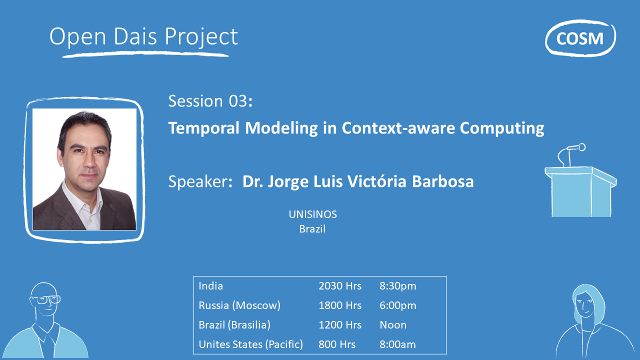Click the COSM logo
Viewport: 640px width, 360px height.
(x=580, y=38)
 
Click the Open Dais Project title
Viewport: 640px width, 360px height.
(x=143, y=37)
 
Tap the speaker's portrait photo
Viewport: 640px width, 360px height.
(x=84, y=169)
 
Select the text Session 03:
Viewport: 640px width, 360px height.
(x=210, y=101)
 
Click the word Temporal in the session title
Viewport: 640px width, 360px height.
(x=204, y=128)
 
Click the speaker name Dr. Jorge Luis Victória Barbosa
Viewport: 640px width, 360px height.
(x=357, y=181)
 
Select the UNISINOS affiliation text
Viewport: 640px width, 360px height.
(x=312, y=214)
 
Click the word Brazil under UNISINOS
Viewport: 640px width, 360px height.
(x=312, y=229)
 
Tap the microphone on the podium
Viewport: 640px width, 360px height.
(x=575, y=148)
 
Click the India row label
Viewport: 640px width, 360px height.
(x=211, y=286)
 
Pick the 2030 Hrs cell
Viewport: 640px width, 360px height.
(x=340, y=286)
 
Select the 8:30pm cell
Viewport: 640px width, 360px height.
(x=397, y=286)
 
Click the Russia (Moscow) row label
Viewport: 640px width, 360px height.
(x=239, y=305)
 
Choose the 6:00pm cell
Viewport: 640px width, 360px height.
(x=397, y=305)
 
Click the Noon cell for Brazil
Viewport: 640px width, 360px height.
(x=393, y=325)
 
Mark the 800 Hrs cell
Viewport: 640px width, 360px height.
(x=337, y=344)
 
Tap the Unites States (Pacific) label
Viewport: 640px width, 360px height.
(x=250, y=344)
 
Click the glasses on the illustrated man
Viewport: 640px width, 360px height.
(x=46, y=300)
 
